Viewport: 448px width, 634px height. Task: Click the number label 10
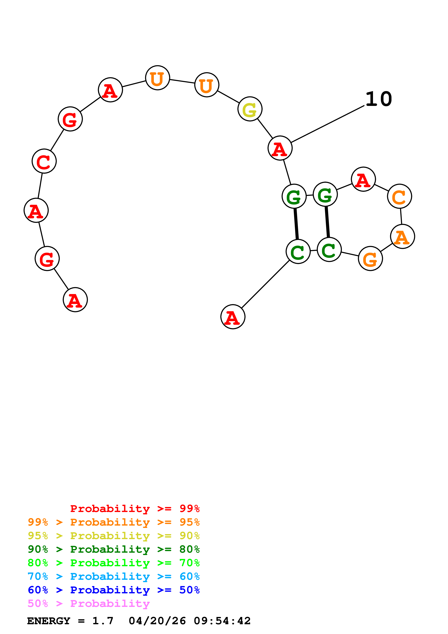[378, 99]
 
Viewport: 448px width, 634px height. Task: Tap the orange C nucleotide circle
[399, 196]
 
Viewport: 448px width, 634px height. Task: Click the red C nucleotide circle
[44, 161]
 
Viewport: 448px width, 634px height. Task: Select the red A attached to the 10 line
[280, 148]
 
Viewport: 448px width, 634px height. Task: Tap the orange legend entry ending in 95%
[113, 522]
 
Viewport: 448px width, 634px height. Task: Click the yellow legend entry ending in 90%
[113, 536]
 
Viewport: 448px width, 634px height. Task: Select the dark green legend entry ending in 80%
[113, 549]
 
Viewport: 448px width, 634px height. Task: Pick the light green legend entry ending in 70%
[113, 563]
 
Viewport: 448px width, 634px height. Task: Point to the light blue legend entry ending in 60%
[113, 576]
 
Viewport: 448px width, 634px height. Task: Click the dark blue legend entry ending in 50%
[113, 590]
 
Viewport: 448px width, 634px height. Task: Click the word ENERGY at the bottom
[49, 621]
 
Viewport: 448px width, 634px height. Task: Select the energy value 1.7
[103, 621]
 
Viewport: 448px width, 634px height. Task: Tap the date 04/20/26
[157, 621]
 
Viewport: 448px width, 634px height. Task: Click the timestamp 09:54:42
[222, 621]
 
